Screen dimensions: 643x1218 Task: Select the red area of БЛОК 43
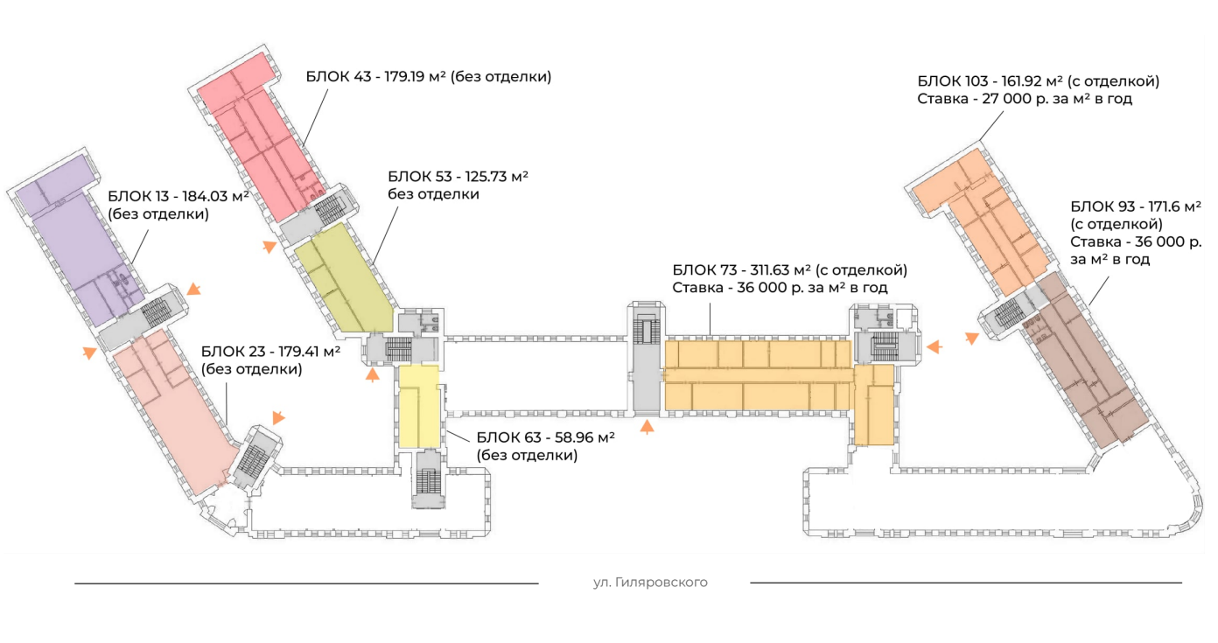[x=254, y=140]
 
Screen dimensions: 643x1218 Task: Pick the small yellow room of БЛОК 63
[x=418, y=407]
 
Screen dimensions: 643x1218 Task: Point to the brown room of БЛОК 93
[x=1085, y=367]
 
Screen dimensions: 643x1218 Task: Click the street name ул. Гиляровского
[x=649, y=583]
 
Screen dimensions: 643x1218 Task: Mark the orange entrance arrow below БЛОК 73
[x=647, y=427]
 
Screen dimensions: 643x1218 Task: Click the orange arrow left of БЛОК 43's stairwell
[x=269, y=247]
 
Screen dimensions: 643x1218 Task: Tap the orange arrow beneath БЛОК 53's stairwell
[x=373, y=375]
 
